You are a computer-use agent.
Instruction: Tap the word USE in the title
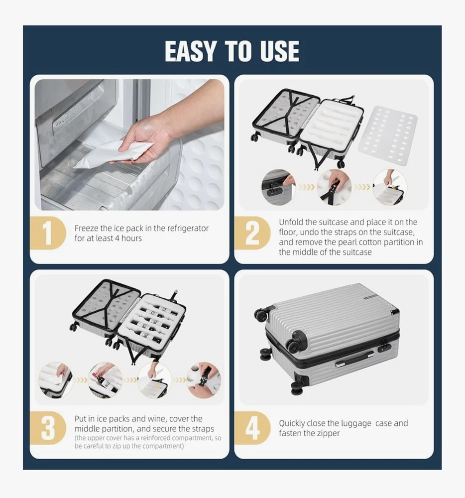coord(279,51)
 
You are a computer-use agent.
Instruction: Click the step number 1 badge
coord(48,233)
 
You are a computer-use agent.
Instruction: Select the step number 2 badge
coord(252,233)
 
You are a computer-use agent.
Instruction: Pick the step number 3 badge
coord(48,428)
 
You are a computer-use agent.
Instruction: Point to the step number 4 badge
coord(252,428)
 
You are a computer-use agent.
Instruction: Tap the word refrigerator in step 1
coord(188,229)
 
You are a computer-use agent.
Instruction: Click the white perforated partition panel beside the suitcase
coord(387,135)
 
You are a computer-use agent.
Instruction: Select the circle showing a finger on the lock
coord(278,187)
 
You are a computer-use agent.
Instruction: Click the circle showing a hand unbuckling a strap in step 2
coord(334,187)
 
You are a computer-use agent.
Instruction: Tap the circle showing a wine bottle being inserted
coord(105,380)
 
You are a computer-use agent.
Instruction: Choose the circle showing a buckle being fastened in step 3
coord(204,380)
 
